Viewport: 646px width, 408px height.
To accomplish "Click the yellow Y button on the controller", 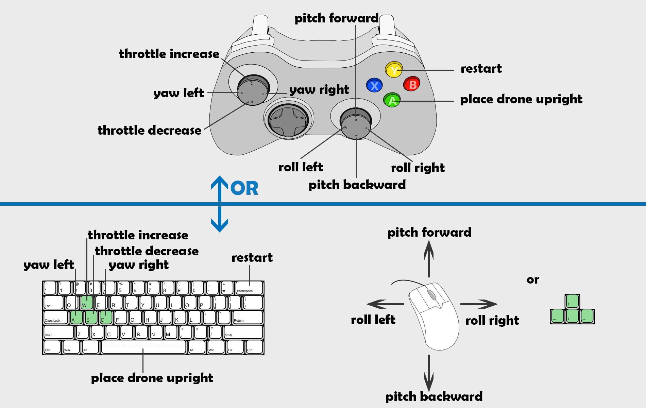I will click(x=394, y=70).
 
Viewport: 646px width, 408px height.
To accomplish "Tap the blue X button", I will click(x=374, y=85).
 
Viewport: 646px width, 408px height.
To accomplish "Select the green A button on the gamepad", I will click(x=392, y=100).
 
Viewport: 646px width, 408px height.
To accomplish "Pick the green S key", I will click(x=91, y=317).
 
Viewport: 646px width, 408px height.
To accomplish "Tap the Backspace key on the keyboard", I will click(x=249, y=288).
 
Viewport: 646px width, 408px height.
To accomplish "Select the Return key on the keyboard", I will click(x=248, y=317).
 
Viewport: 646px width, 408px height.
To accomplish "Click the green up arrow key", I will click(x=572, y=301).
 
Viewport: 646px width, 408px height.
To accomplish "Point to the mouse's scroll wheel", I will click(x=432, y=295).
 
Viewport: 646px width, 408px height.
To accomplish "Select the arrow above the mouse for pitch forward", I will click(x=429, y=258).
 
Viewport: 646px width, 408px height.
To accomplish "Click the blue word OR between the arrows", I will click(x=244, y=188).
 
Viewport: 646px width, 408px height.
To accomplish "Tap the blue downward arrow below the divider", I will click(x=220, y=219).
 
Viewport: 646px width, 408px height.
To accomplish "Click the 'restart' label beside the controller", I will click(x=481, y=69).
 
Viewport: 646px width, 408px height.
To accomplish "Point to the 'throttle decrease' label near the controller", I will click(x=149, y=130).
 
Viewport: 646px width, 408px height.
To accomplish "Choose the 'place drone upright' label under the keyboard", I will click(x=152, y=378).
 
